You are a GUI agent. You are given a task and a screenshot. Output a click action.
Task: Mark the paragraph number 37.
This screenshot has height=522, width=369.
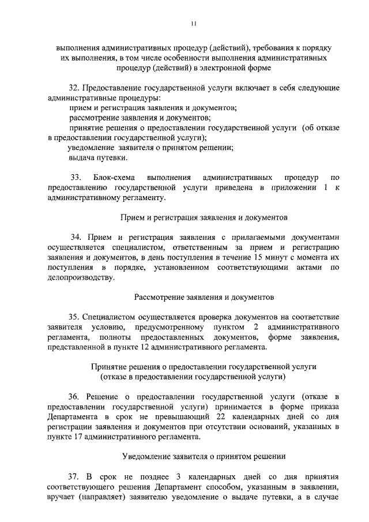click(74, 478)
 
